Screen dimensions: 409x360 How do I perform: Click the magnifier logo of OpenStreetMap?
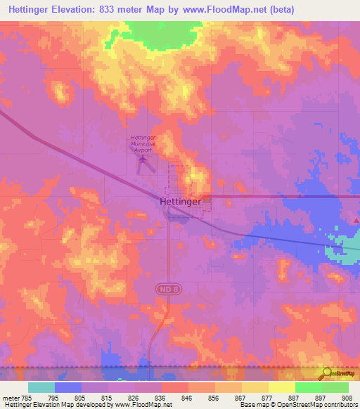[327, 373]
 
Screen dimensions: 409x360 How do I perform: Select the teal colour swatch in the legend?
[41, 387]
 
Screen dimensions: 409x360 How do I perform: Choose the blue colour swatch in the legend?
[68, 387]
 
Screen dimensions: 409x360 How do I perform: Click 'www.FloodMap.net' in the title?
[218, 10]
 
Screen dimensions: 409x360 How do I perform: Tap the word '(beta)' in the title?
[280, 10]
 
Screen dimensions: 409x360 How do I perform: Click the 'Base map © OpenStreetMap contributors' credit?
[297, 405]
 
